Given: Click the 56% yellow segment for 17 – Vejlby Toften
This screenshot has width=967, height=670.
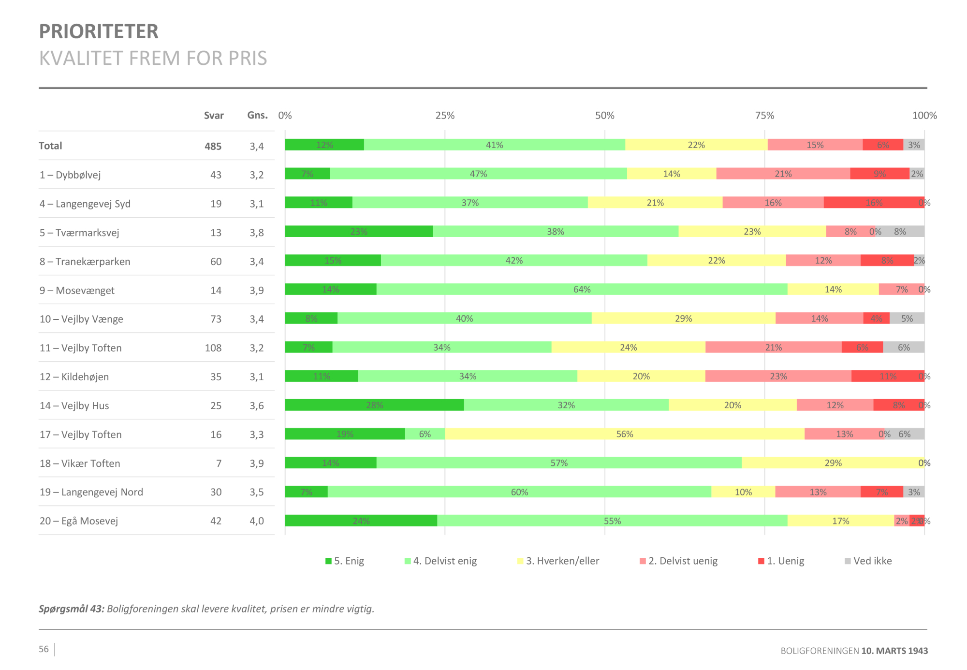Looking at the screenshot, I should tap(624, 434).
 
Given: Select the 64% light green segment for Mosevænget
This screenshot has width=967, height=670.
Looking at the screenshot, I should tap(582, 289).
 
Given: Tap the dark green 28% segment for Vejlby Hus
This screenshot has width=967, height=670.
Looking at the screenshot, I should tap(374, 405).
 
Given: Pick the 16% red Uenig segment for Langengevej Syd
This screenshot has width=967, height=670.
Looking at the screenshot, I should tap(874, 203).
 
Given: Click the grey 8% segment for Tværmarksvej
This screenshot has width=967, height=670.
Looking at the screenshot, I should tap(900, 232).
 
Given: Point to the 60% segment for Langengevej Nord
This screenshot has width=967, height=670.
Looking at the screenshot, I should tap(519, 492).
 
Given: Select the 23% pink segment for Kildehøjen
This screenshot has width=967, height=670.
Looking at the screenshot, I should tap(778, 376).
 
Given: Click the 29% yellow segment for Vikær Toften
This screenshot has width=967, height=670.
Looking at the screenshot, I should tap(833, 463).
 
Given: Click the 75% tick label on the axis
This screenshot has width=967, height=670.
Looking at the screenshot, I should tap(764, 116).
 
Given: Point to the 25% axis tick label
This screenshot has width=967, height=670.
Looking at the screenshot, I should tap(445, 116).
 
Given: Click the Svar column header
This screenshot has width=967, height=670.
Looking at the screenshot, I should tap(214, 116).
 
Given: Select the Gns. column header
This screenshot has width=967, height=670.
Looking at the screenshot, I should tap(257, 115).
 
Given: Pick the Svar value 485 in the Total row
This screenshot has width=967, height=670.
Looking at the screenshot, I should tap(213, 146).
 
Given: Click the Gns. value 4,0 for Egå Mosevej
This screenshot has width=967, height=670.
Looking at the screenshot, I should tap(257, 521).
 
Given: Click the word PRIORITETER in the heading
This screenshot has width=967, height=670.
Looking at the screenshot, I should tap(99, 31).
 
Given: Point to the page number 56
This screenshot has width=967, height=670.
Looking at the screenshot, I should tap(44, 649).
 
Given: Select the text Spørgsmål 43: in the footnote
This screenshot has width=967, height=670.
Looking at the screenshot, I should tap(72, 609).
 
